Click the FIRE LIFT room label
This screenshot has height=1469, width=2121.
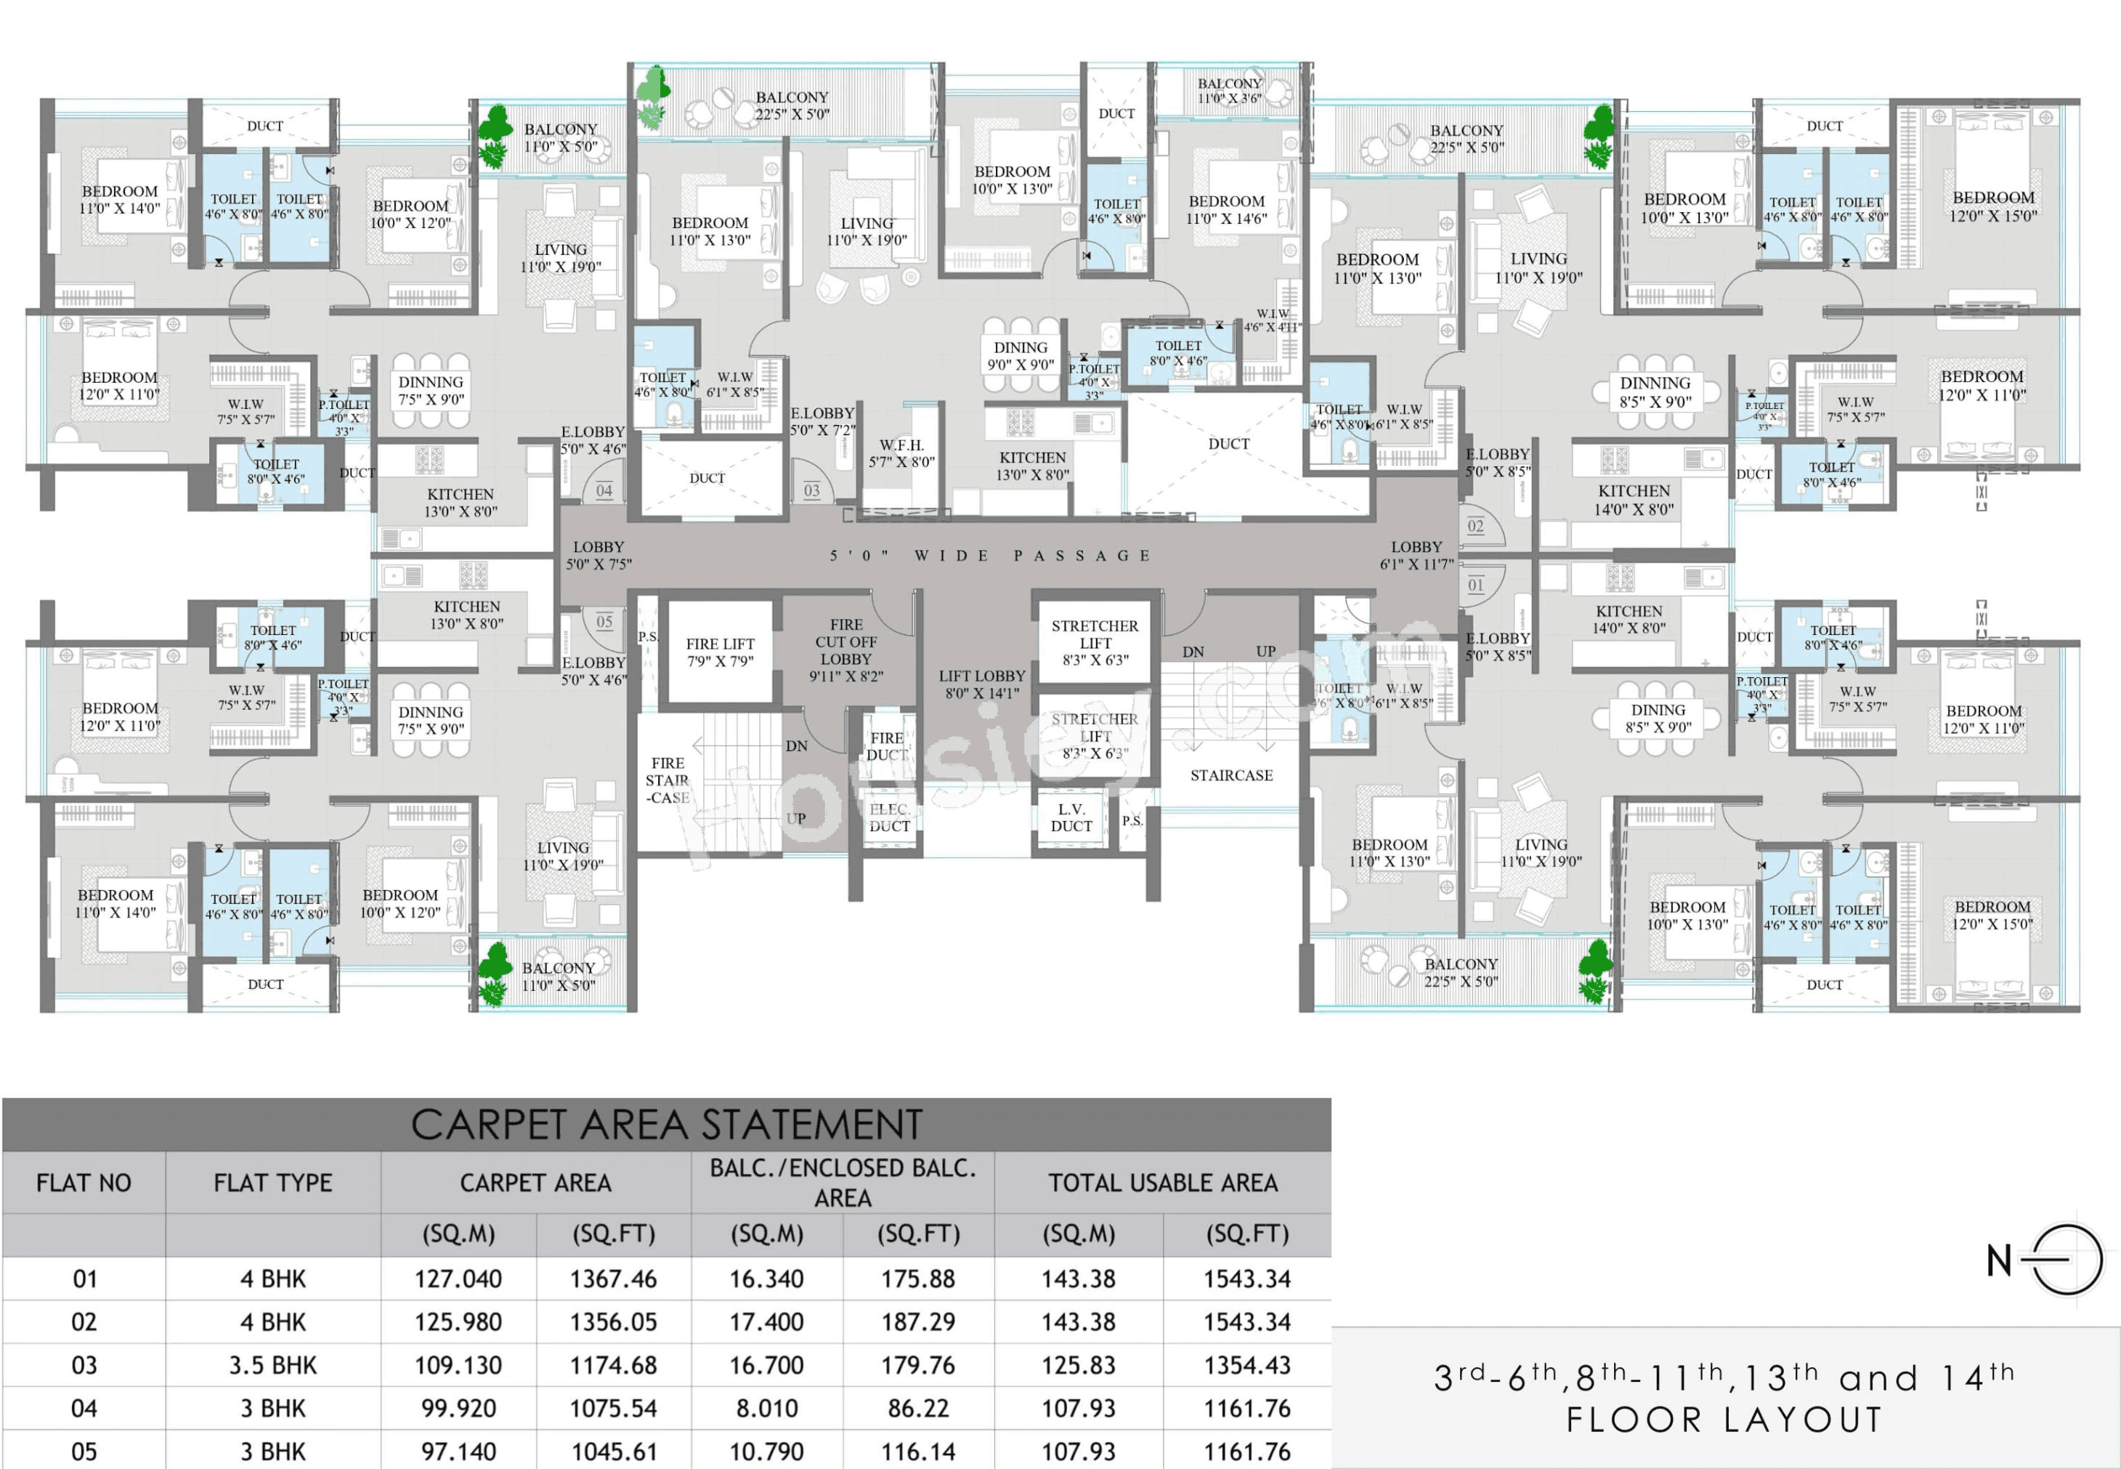click(x=720, y=652)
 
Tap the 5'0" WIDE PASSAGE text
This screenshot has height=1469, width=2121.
click(x=990, y=555)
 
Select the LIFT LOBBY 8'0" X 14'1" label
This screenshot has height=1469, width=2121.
click(x=982, y=684)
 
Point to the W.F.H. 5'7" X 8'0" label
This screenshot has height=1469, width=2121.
click(x=901, y=453)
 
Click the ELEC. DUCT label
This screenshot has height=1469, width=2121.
click(x=889, y=817)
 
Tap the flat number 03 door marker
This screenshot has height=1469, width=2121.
click(x=811, y=490)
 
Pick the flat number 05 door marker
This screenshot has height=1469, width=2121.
click(x=604, y=621)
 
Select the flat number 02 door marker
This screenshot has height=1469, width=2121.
click(x=1475, y=527)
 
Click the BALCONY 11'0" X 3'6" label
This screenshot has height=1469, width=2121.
click(x=1228, y=90)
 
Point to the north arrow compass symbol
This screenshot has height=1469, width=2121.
click(x=2065, y=1260)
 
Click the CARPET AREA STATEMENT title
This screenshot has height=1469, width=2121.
click(x=666, y=1124)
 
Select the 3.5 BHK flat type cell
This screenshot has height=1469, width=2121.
click(x=272, y=1365)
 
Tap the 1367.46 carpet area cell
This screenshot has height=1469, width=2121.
click(x=613, y=1279)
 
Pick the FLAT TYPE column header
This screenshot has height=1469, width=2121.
click(x=272, y=1183)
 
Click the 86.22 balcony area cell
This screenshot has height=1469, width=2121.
click(x=917, y=1408)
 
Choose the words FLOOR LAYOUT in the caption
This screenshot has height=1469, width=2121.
click(x=1724, y=1420)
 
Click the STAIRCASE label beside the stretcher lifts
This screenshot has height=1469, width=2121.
click(x=1231, y=775)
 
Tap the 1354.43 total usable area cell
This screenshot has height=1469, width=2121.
click(x=1247, y=1365)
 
